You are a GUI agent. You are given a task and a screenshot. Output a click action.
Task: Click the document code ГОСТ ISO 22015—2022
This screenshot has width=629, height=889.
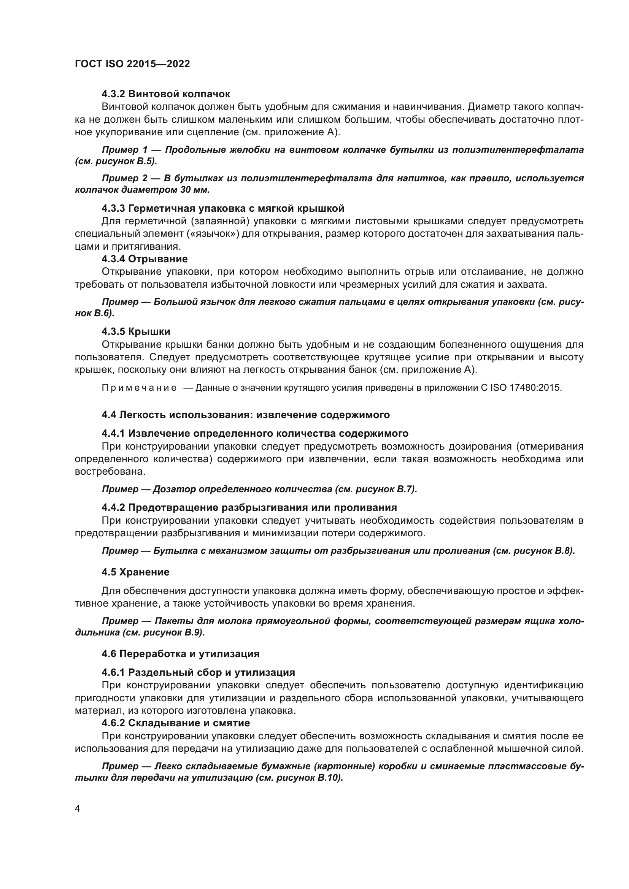coord(132,64)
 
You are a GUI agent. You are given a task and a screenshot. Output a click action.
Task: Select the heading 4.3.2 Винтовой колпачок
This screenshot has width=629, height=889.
coord(166,94)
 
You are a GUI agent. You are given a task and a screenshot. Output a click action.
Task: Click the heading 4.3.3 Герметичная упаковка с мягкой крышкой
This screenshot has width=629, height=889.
coord(223,208)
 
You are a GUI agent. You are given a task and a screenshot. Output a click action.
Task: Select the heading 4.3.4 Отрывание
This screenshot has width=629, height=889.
coord(145,259)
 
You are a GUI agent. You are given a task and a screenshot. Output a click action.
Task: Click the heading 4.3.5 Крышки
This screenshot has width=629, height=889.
coord(136,331)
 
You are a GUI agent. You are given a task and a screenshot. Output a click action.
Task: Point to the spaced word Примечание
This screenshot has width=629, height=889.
coord(139,388)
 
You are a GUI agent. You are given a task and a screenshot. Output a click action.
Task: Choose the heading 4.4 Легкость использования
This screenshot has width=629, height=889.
coord(246,415)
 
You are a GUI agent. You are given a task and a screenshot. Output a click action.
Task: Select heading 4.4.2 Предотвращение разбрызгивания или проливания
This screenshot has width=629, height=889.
coord(249,507)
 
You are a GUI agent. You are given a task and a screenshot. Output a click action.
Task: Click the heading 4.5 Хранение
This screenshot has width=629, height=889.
coord(135,572)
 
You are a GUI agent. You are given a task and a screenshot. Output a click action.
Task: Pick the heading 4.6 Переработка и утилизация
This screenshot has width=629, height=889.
coord(181,654)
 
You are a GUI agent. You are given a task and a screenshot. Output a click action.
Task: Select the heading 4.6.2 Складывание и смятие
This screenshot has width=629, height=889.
coord(175,723)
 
